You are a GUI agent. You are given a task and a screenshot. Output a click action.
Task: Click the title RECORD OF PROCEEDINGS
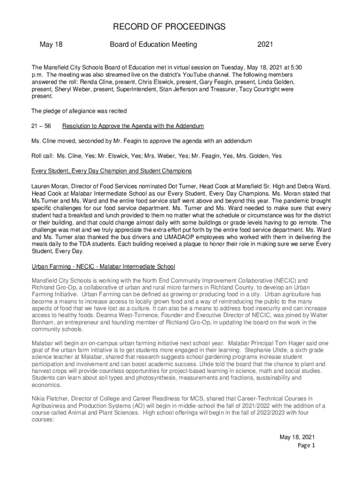coord(180,27)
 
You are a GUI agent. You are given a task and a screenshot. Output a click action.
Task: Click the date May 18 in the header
coord(51,45)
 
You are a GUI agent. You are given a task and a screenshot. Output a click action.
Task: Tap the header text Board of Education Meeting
coord(153,45)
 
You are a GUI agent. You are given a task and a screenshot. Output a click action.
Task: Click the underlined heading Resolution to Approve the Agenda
coord(133,126)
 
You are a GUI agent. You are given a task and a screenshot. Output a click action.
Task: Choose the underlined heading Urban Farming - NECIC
coord(103,267)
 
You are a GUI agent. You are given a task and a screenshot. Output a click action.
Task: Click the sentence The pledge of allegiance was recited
coord(79,111)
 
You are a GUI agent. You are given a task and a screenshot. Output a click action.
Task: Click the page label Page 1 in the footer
coord(306,445)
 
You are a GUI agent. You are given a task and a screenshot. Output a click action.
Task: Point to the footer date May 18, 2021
coord(297,437)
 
